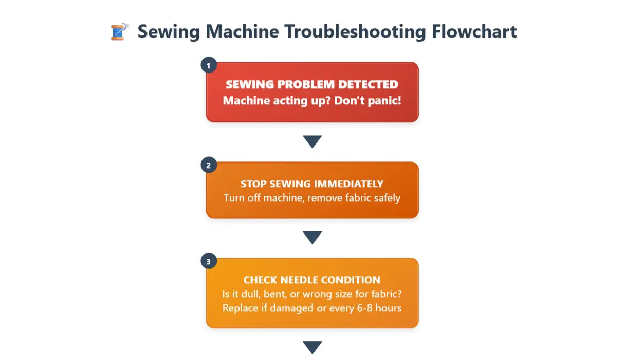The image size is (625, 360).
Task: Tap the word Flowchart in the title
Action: tap(474, 32)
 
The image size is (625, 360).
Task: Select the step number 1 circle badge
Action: tap(208, 66)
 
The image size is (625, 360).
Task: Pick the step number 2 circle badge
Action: tap(208, 165)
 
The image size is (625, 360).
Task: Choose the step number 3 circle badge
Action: tap(208, 262)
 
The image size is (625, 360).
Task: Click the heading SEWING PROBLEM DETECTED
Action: tap(312, 85)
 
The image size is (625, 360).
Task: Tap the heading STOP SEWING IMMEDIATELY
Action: tap(312, 184)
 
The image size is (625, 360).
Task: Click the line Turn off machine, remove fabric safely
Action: tap(312, 197)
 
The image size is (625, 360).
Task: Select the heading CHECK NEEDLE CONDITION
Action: tap(312, 280)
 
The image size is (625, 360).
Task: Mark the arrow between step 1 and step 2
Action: tap(312, 141)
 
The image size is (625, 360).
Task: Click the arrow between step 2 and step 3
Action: tap(312, 238)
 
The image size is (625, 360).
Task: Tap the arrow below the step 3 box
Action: tap(312, 347)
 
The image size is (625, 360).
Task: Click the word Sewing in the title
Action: tap(169, 32)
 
